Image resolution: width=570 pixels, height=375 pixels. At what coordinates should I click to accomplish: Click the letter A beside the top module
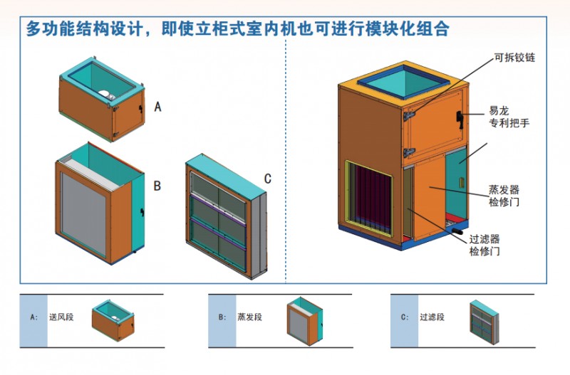(158, 107)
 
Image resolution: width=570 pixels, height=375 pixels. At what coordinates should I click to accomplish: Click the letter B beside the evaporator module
(157, 186)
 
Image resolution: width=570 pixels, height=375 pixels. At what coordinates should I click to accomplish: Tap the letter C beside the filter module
(267, 179)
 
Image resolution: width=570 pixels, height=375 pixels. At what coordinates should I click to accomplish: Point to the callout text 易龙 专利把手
(508, 117)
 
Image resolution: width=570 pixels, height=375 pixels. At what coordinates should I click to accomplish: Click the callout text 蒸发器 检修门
(504, 196)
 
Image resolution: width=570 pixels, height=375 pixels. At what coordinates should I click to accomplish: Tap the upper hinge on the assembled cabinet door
(410, 115)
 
